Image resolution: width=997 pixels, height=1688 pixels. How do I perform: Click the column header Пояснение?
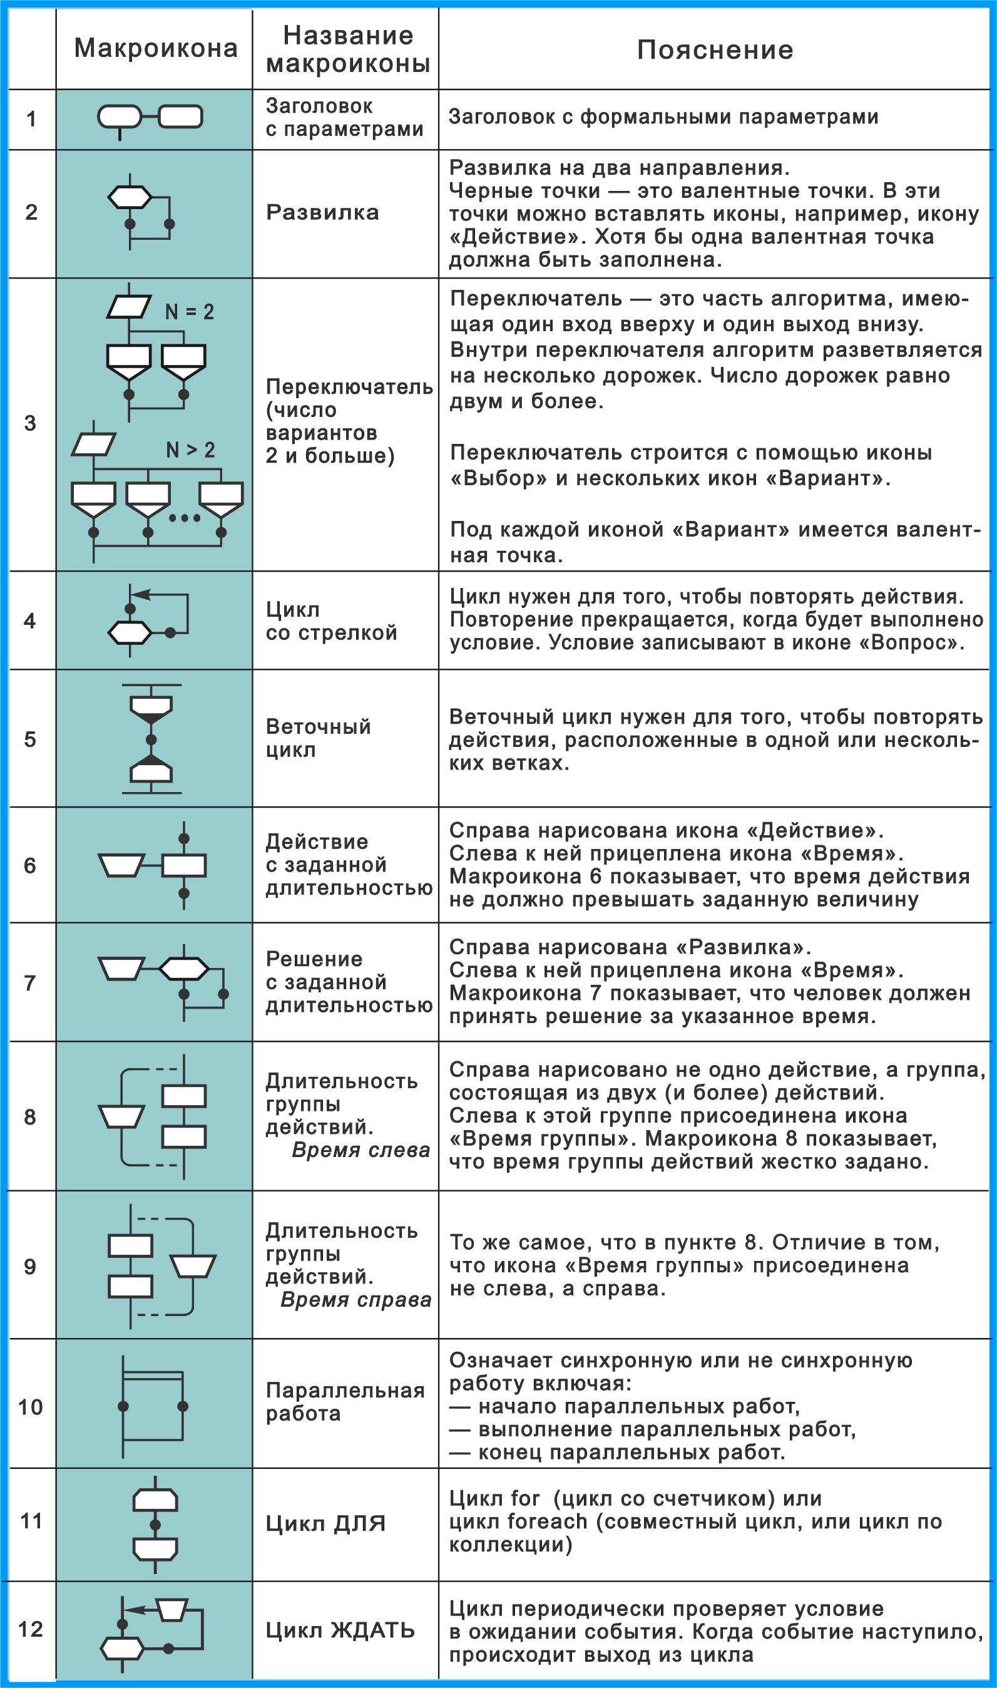tap(715, 49)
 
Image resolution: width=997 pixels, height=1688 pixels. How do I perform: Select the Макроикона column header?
tap(155, 48)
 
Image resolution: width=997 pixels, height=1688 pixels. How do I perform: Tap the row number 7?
tap(30, 983)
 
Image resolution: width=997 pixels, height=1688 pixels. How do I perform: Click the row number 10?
tap(30, 1406)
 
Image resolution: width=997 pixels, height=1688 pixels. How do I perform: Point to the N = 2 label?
tap(190, 312)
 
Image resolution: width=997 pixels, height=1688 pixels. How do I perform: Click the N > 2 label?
tap(190, 450)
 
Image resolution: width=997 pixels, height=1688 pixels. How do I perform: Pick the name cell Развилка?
tap(322, 212)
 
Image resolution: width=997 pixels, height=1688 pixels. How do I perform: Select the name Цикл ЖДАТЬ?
tap(340, 1630)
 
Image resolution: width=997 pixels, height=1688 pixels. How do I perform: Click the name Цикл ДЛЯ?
tap(326, 1523)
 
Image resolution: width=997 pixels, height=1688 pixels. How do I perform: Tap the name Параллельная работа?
tap(345, 1402)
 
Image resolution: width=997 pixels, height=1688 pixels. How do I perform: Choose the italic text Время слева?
tap(360, 1150)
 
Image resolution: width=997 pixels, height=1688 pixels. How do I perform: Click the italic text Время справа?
tap(355, 1300)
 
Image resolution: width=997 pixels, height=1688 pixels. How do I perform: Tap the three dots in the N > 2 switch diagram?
tap(184, 518)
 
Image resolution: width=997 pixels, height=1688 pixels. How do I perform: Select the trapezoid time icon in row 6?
tap(121, 865)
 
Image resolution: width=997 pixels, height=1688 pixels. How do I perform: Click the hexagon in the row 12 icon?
tap(121, 1648)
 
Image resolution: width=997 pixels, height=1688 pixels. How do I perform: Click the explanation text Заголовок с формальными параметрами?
tap(663, 117)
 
